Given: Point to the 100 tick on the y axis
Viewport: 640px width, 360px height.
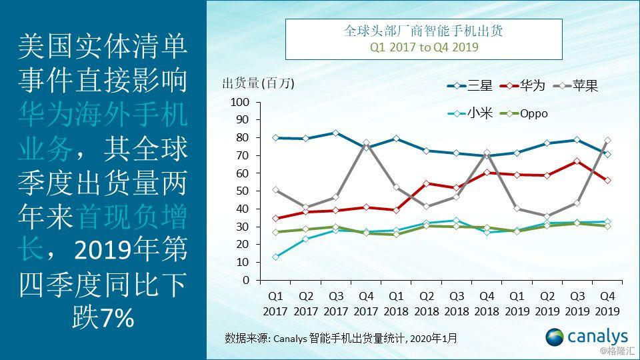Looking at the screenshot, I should click(x=239, y=102).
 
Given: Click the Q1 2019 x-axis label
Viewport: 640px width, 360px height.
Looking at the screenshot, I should click(x=517, y=303).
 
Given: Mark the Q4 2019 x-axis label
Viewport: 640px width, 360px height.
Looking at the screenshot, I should click(x=607, y=303).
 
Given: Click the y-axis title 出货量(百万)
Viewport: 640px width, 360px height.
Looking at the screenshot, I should click(x=257, y=83).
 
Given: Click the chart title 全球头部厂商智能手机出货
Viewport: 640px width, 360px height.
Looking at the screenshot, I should click(x=423, y=31).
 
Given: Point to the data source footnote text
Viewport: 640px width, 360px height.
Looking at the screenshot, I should click(x=341, y=338).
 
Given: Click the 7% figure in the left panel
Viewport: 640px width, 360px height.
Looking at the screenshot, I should click(x=117, y=319).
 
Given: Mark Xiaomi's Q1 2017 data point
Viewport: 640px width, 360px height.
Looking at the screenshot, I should click(x=275, y=257).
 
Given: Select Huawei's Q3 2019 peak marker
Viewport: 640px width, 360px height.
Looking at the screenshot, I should click(x=577, y=161).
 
